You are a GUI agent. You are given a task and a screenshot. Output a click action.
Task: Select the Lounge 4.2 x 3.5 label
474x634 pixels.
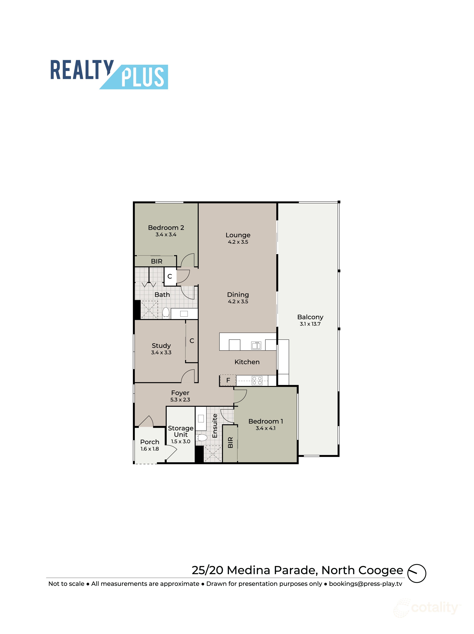(238, 238)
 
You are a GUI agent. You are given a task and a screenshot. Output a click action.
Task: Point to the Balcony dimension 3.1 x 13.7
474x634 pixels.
(310, 324)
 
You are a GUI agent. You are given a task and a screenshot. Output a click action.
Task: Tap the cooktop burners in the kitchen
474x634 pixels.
(257, 381)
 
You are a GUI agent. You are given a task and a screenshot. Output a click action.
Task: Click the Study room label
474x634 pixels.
(161, 346)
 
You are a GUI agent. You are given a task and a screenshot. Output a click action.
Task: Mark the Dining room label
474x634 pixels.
(238, 295)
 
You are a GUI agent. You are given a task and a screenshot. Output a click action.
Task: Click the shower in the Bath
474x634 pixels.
(149, 310)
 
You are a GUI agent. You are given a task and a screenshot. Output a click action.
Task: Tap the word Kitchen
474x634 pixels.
(247, 362)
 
